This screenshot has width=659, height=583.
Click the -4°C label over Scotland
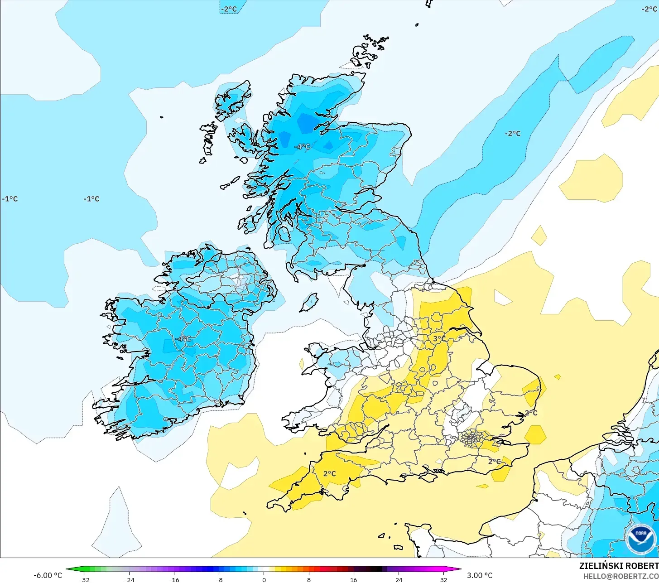(302, 147)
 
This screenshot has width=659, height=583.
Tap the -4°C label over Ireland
(183, 338)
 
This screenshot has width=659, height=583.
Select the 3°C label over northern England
(439, 339)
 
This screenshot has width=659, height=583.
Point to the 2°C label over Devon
(329, 474)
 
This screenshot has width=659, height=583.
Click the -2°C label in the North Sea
(513, 134)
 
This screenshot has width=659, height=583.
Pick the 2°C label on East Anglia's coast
(531, 413)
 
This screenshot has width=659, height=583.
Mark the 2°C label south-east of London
(495, 462)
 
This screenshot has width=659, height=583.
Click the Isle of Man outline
(309, 303)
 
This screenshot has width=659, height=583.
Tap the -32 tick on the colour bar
(84, 579)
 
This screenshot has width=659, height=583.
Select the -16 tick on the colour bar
(174, 579)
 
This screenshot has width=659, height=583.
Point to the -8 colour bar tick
(219, 579)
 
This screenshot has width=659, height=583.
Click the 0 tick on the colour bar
(264, 579)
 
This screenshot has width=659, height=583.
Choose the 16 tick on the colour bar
(354, 579)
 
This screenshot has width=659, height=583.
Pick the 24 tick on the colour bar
(399, 579)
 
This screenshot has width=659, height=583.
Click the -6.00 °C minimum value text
(48, 575)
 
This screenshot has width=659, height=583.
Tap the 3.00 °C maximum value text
(480, 575)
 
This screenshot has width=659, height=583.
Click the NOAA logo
(641, 539)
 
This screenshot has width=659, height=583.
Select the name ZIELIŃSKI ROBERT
(619, 566)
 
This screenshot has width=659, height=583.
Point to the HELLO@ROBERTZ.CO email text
(621, 576)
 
